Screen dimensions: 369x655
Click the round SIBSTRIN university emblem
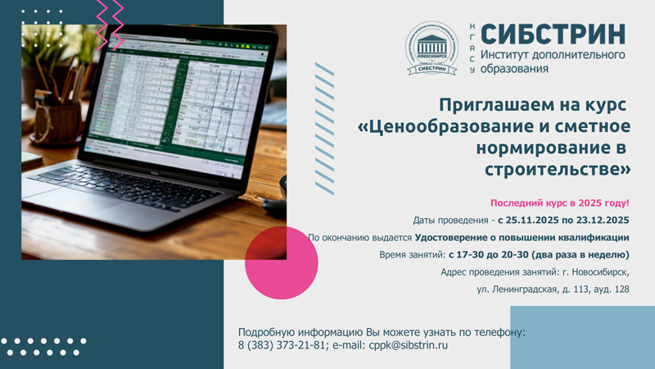436,48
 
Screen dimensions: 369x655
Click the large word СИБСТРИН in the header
553,34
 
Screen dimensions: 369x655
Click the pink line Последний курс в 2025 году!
559,202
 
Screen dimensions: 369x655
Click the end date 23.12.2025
600,220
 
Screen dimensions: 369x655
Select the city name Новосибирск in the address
595,272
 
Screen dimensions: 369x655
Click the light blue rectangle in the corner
582,337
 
